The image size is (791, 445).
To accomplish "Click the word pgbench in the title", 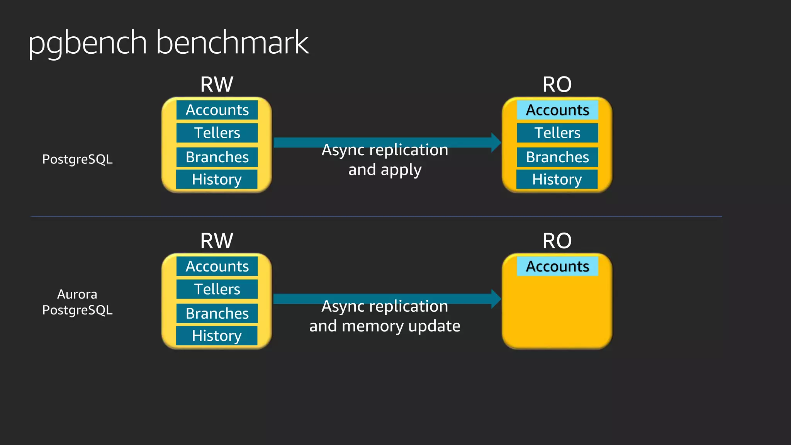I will coord(87,43).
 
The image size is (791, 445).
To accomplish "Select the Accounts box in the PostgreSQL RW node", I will coord(217,110).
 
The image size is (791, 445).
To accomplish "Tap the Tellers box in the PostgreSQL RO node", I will coord(557,133).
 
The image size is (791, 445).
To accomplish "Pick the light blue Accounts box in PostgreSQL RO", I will coord(557,110).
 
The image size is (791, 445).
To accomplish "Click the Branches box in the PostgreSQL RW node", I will coord(217,157).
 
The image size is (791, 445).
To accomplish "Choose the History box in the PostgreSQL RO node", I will coord(557,179).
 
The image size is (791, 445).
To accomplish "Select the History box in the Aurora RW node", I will coord(217,336).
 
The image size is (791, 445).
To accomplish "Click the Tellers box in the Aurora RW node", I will coord(217,289).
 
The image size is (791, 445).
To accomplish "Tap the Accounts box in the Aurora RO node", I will coord(557,267).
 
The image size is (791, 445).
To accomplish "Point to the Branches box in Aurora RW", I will coord(217,314).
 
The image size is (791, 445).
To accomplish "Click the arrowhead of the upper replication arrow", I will coord(496,143).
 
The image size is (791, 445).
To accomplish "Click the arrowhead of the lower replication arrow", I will coord(496,299).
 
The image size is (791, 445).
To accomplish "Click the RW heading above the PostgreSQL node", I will coord(217,84).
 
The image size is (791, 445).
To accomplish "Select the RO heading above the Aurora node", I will coord(557,241).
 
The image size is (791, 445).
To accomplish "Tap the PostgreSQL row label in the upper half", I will coord(77,159).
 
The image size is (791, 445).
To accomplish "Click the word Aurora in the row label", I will coord(77,294).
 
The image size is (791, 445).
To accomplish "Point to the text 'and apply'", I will coord(385,170).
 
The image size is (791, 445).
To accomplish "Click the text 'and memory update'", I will coord(385,326).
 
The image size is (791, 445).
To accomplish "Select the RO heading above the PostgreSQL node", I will coord(557,84).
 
